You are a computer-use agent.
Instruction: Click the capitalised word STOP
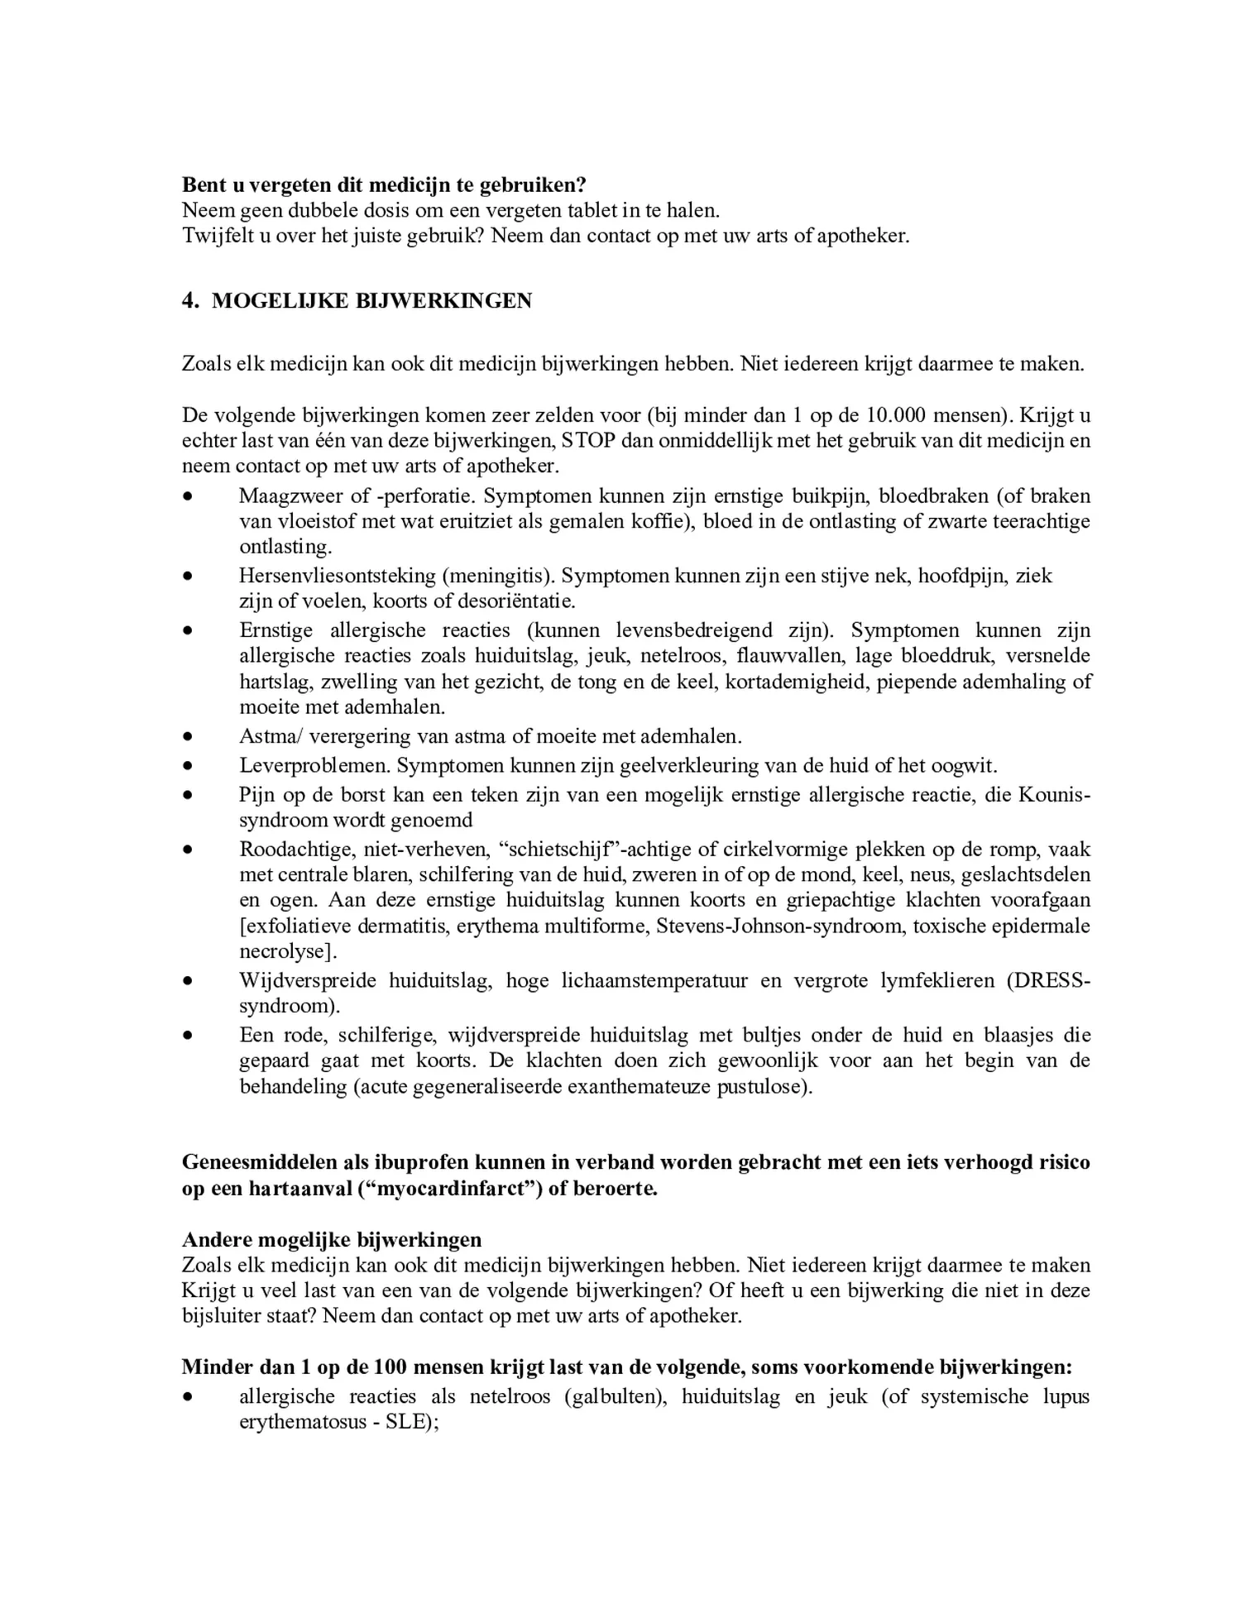[589, 440]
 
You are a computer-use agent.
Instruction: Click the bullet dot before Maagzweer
[189, 496]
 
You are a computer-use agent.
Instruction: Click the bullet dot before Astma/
[189, 736]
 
